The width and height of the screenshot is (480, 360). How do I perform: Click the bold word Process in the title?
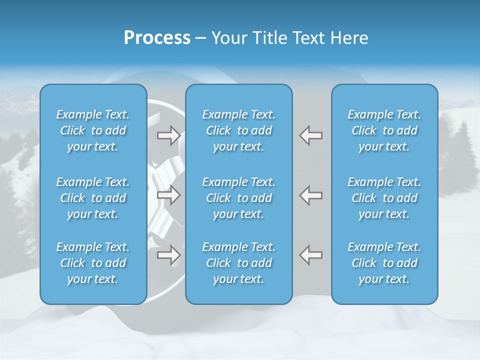157,38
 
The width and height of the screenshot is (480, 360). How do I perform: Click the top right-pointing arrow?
168,135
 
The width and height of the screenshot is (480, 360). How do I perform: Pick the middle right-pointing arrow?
168,195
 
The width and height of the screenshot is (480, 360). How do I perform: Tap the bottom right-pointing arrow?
168,255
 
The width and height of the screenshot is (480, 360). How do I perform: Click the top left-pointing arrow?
310,135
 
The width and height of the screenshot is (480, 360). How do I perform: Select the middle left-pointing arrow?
310,195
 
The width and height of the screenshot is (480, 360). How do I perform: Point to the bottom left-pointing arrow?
310,255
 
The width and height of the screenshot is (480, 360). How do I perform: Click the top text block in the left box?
93,130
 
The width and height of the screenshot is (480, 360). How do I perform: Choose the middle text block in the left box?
93,198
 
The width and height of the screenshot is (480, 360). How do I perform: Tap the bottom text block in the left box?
93,263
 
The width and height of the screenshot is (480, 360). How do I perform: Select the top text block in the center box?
238,130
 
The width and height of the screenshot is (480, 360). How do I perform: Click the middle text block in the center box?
238,198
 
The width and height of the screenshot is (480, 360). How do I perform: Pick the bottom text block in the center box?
238,263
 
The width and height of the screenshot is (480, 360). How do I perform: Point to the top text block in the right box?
384,130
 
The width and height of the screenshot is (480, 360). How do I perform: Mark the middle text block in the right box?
384,198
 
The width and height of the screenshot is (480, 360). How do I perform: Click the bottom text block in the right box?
384,263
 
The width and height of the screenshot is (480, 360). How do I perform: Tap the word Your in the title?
227,38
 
